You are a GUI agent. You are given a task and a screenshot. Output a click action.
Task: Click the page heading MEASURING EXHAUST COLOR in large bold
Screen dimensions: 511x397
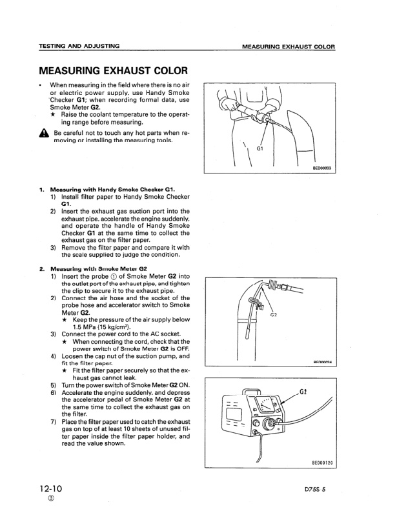[113, 70]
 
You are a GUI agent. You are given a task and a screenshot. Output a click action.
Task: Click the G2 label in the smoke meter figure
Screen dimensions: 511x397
[305, 391]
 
